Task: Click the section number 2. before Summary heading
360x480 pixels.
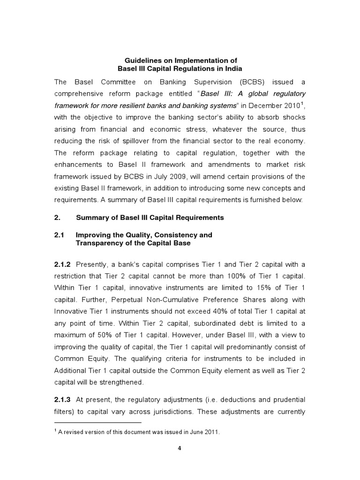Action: [57, 217]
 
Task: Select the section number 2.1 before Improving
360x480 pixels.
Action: [59, 235]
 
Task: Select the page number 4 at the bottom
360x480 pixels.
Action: [180, 448]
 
